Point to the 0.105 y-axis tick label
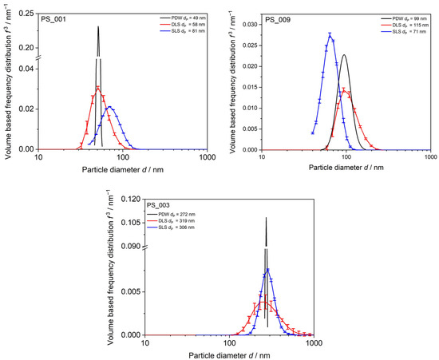[x=131, y=223]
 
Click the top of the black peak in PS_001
[x=98, y=26]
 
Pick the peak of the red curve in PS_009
[x=344, y=90]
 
